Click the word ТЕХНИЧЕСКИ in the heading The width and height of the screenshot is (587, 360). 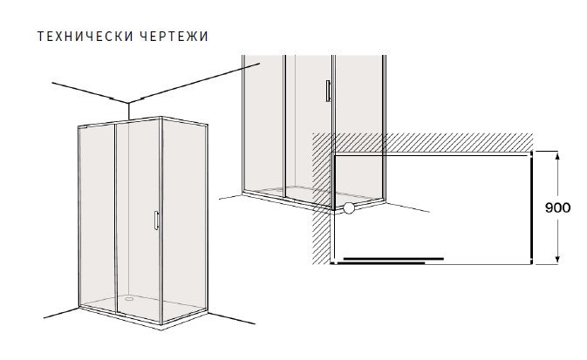pyautogui.click(x=85, y=37)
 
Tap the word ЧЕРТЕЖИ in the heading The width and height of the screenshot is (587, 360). pyautogui.click(x=175, y=37)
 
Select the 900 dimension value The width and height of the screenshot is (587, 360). pyautogui.click(x=558, y=207)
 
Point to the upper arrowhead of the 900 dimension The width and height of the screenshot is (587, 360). pyautogui.click(x=557, y=155)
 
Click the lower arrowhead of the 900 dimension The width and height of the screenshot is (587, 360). pyautogui.click(x=557, y=259)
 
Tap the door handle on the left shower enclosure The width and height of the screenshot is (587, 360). pyautogui.click(x=156, y=221)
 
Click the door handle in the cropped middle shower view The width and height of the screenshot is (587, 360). pyautogui.click(x=328, y=91)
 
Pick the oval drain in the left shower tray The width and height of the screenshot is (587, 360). pyautogui.click(x=130, y=299)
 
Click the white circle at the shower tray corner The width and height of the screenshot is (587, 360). pyautogui.click(x=349, y=208)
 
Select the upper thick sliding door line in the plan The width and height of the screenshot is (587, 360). pyautogui.click(x=393, y=259)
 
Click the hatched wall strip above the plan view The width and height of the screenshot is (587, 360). pyautogui.click(x=423, y=142)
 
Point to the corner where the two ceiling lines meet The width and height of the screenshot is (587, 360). pyautogui.click(x=128, y=103)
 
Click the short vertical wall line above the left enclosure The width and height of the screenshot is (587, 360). pyautogui.click(x=128, y=112)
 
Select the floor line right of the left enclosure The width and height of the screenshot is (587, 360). pyautogui.click(x=232, y=318)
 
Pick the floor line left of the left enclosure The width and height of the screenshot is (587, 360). pyautogui.click(x=61, y=313)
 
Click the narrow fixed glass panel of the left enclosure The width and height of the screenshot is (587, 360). pyautogui.click(x=98, y=217)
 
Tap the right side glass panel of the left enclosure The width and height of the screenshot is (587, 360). pyautogui.click(x=184, y=221)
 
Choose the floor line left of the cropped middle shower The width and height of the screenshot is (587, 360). pyautogui.click(x=230, y=196)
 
